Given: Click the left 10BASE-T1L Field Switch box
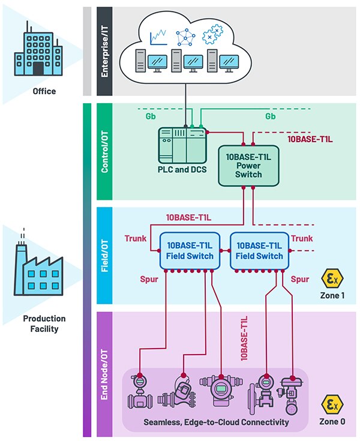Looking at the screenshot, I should [186, 251].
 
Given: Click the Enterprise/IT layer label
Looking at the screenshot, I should [104, 50].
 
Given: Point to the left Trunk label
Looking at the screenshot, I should [136, 239].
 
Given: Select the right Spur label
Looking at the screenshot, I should [300, 279].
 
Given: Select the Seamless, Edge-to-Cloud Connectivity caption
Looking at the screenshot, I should [216, 422].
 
